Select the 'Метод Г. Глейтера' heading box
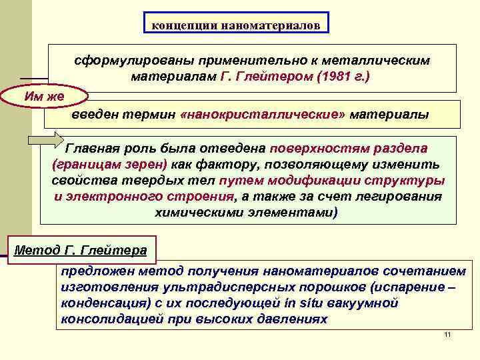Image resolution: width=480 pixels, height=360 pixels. coord(81,251)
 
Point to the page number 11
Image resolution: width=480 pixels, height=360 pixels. coord(447,333)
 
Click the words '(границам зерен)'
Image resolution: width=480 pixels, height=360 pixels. coord(110,164)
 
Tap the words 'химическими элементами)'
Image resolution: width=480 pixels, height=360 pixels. coord(246,213)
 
